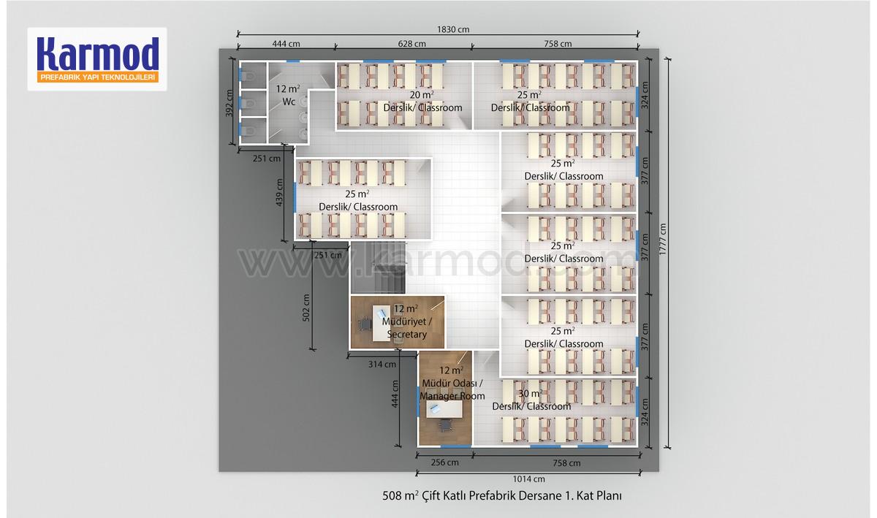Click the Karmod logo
97,59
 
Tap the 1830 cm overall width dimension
453,29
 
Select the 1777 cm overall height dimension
662,239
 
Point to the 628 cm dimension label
411,44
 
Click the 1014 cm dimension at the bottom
529,479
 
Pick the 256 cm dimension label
445,462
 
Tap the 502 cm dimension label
306,308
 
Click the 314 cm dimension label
382,365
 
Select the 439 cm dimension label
279,192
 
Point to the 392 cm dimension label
229,103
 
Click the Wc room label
289,102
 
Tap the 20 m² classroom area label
422,95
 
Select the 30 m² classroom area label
531,393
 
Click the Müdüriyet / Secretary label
407,328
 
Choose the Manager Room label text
452,396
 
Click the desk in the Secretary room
381,323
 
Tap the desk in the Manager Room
444,410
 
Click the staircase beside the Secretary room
378,267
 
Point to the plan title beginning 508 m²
502,495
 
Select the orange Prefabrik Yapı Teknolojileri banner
98,77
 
